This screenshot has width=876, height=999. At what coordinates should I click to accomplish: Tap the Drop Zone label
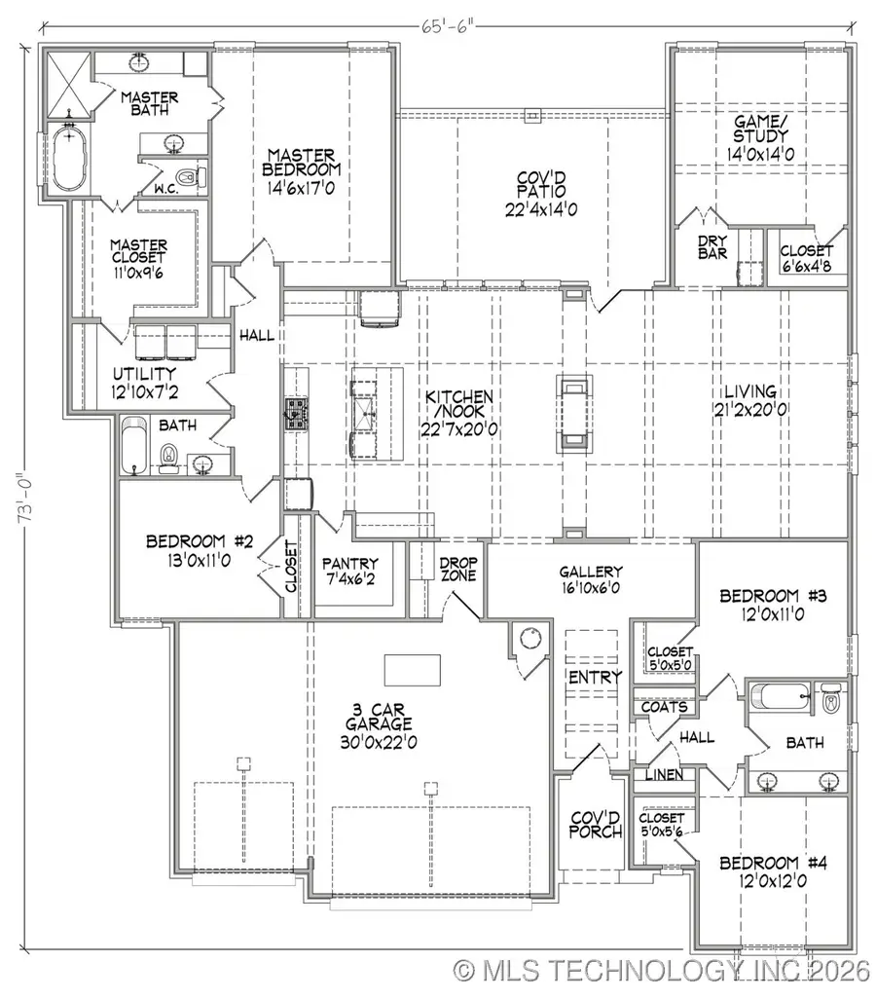coord(456,571)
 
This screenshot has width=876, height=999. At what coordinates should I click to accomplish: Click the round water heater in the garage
coord(530,639)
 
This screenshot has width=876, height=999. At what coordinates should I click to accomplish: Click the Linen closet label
coord(663,775)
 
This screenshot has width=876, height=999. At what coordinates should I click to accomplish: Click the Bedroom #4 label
coord(773,863)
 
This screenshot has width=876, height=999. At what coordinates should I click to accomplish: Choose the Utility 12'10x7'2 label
coord(143,383)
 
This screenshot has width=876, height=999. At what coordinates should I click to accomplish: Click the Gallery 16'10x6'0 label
coord(591,581)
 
